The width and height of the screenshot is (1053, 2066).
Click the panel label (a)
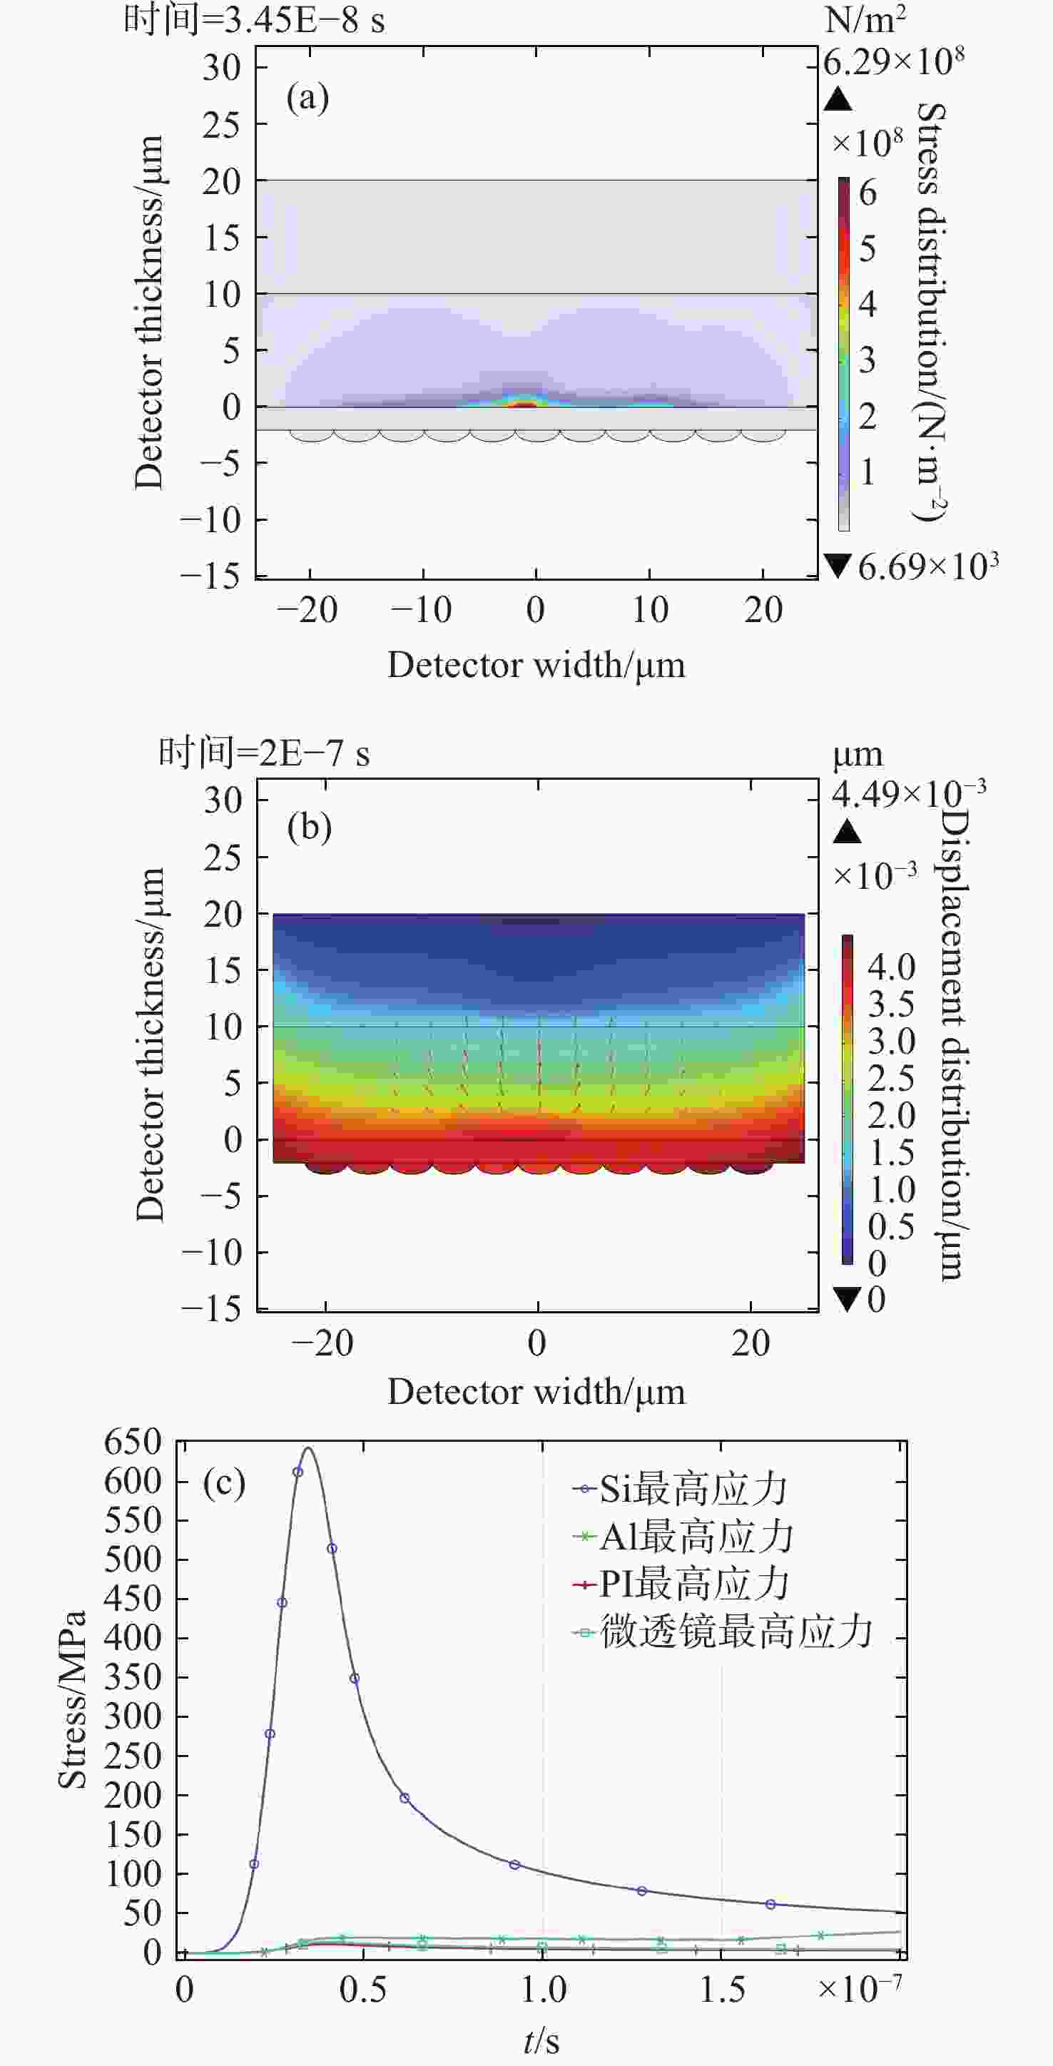tap(307, 98)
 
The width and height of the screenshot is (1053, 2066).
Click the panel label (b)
tap(309, 827)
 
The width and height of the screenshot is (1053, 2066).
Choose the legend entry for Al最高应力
tap(683, 1537)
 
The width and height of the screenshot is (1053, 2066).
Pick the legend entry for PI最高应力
tap(682, 1584)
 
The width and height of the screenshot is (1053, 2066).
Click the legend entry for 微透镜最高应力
tap(723, 1632)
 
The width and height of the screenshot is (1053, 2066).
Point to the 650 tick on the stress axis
tap(133, 1442)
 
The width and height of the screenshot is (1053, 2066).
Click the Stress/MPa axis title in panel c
tap(72, 1699)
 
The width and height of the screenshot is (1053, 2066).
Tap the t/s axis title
tap(541, 2040)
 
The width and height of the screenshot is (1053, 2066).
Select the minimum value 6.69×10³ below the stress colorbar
tap(927, 567)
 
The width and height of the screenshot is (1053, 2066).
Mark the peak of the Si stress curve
tap(308, 1448)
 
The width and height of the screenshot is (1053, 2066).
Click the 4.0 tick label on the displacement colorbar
tap(891, 967)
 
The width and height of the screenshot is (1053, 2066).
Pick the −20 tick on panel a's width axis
tap(308, 611)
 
